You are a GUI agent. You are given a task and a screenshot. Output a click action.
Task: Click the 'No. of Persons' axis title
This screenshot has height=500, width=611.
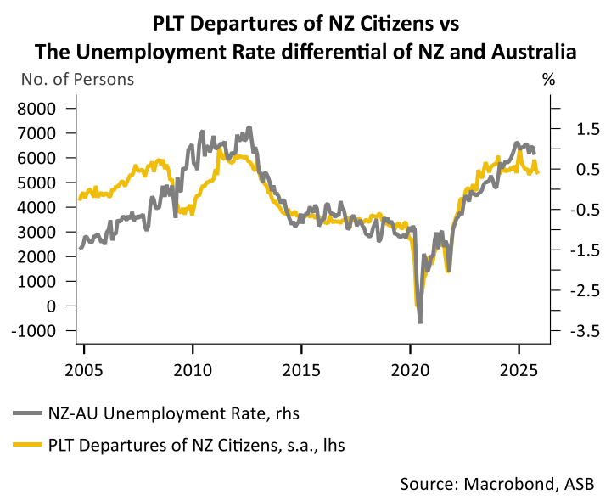tap(77, 81)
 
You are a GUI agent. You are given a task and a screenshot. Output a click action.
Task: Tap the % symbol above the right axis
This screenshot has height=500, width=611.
tap(548, 81)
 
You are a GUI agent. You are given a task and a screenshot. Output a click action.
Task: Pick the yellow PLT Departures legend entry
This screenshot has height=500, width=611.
tap(195, 443)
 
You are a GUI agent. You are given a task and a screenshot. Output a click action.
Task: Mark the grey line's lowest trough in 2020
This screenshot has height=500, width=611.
tap(420, 322)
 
